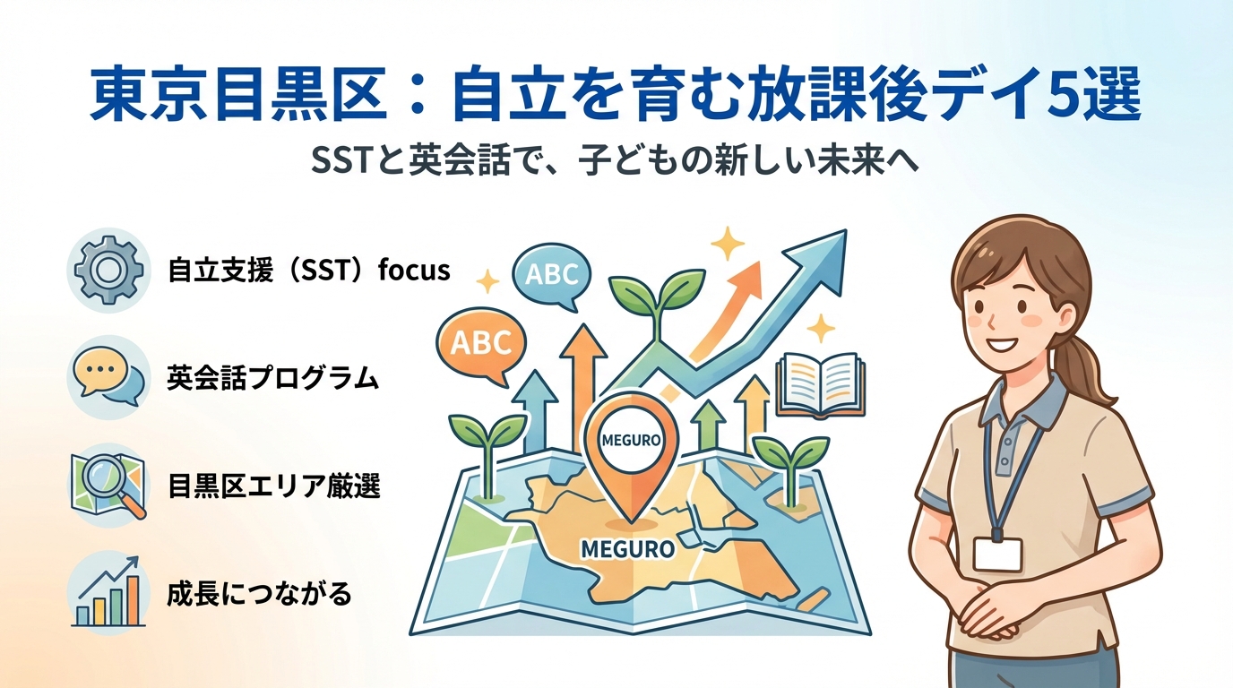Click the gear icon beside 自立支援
pyautogui.click(x=108, y=270)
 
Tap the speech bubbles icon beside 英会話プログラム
pyautogui.click(x=108, y=377)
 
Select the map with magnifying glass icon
pyautogui.click(x=109, y=485)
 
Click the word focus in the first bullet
pyautogui.click(x=414, y=270)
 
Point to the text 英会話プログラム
pyautogui.click(x=273, y=378)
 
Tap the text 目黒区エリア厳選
pyautogui.click(x=273, y=486)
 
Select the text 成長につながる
pyautogui.click(x=259, y=594)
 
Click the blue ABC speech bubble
pyautogui.click(x=552, y=276)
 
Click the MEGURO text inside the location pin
pyautogui.click(x=632, y=441)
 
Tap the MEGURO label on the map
pyautogui.click(x=627, y=549)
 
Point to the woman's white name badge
pyautogui.click(x=998, y=555)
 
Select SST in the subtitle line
pyautogui.click(x=340, y=161)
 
